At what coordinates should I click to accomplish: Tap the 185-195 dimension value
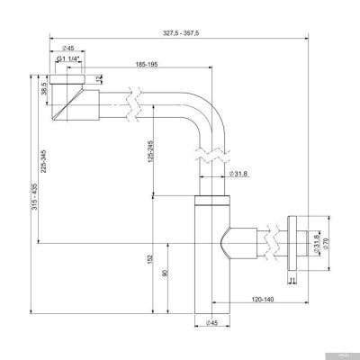(x=149, y=66)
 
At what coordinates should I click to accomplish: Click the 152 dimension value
(x=148, y=263)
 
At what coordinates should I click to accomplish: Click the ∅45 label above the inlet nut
(x=67, y=48)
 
